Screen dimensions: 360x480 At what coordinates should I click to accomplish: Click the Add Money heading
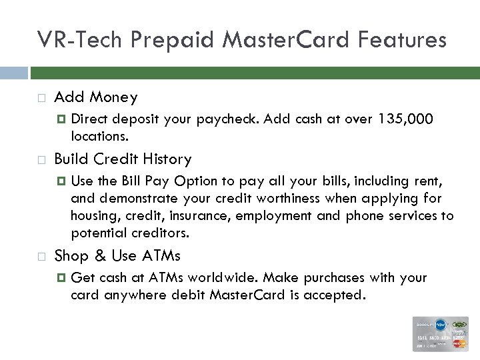(95, 97)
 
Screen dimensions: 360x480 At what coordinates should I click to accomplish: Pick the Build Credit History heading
(122, 159)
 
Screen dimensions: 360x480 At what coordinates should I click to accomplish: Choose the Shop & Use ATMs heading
(117, 256)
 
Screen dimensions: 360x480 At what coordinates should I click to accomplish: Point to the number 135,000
(405, 119)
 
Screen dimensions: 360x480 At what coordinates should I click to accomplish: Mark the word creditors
(163, 233)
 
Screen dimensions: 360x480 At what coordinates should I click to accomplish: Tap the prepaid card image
(439, 333)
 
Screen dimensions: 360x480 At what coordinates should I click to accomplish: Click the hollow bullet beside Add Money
(41, 98)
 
